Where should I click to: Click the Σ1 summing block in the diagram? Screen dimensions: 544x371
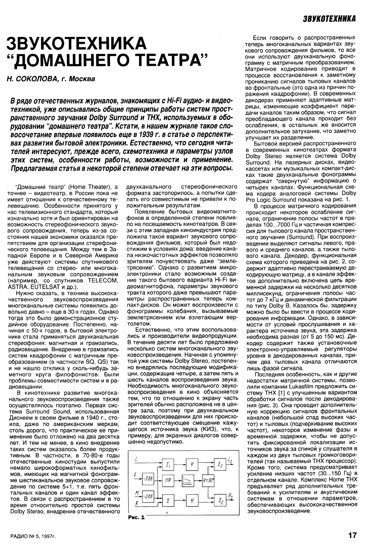click(x=168, y=465)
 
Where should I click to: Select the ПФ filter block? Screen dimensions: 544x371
click(x=168, y=480)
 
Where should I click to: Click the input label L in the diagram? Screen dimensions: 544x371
click(x=135, y=459)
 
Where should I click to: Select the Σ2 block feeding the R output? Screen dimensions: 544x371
click(x=221, y=501)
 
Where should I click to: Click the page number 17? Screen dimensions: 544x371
click(x=352, y=535)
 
